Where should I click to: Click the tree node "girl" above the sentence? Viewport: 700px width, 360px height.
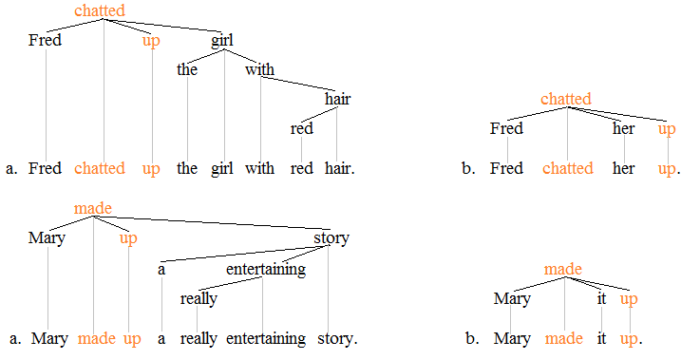tap(222, 40)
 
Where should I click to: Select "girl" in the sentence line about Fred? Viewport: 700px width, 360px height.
tap(222, 168)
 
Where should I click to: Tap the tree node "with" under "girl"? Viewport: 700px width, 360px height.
tap(259, 69)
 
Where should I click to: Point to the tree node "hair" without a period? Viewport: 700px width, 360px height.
tap(337, 100)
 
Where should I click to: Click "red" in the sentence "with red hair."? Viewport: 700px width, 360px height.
tap(301, 168)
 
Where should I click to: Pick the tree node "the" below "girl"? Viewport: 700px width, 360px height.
tap(187, 69)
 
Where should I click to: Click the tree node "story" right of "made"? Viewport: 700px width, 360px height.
tap(331, 237)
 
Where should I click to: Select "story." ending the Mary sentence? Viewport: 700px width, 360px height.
tap(337, 338)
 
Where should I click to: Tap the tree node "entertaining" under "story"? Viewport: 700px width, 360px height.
tap(266, 269)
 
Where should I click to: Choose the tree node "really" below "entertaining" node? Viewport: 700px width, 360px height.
tap(199, 298)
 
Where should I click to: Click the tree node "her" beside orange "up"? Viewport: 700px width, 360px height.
tap(623, 128)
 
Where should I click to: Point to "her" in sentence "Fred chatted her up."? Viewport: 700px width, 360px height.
tap(623, 168)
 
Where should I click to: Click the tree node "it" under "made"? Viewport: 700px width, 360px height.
tap(601, 298)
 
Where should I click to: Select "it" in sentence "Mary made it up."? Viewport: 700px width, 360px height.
tap(601, 338)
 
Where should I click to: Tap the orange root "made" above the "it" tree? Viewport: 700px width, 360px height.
tap(563, 270)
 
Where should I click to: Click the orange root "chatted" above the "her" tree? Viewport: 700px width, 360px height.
tap(566, 99)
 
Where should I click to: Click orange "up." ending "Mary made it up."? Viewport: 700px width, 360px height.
tap(631, 338)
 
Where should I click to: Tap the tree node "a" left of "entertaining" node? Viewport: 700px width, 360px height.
tap(161, 269)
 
